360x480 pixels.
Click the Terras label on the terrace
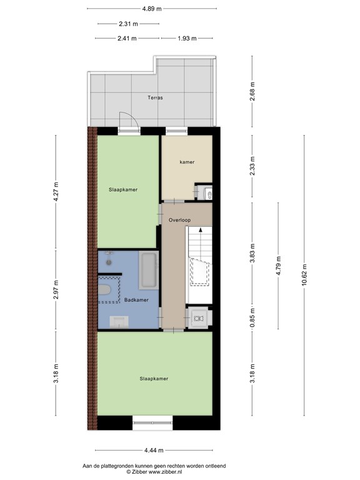(x=155, y=97)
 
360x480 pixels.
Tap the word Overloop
(x=179, y=220)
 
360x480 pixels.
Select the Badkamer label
(x=136, y=300)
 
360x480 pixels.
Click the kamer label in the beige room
(x=186, y=162)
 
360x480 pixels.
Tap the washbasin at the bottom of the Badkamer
(x=119, y=321)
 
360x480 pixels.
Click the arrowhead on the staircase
(x=201, y=231)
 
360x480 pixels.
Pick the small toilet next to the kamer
(x=207, y=193)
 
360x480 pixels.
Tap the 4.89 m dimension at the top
(x=151, y=9)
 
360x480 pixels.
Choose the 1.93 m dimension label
(x=187, y=38)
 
